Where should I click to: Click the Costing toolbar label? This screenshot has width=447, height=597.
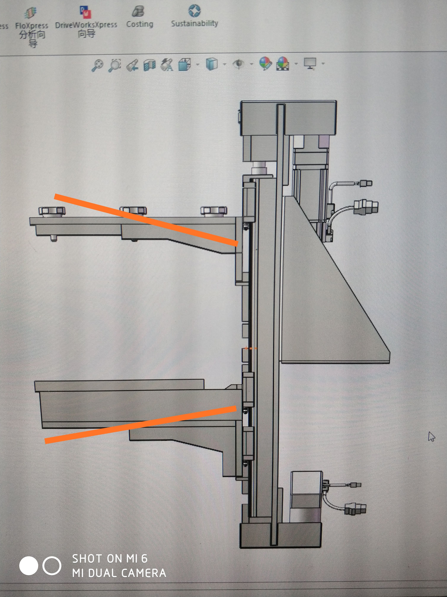[140, 24]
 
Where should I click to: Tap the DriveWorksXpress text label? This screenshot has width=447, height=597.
[86, 25]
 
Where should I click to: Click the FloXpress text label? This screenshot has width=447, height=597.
[32, 26]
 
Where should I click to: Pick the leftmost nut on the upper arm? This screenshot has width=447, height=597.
[52, 211]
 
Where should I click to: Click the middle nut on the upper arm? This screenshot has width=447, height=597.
[133, 211]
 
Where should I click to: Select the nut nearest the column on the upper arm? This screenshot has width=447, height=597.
[214, 211]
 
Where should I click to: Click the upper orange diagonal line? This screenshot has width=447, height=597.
[146, 219]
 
